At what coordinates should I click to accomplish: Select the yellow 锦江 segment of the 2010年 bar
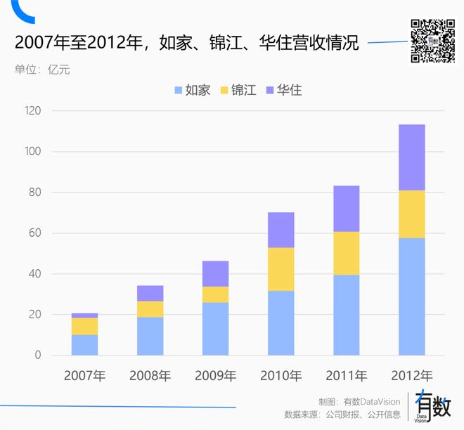coord(281,269)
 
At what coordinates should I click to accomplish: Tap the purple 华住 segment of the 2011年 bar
coord(347,209)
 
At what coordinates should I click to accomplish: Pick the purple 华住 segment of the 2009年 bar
coord(216,273)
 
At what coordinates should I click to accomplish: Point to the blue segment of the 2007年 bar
coord(85,345)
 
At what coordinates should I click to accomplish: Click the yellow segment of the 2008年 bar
coord(150,309)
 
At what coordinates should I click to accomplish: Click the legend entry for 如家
coord(192,90)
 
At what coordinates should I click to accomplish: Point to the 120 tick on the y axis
coord(32,111)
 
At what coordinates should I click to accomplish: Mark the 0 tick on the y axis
coord(37,356)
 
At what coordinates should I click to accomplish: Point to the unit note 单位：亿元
coord(41,70)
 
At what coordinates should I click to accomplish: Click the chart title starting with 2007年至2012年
coord(186,44)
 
